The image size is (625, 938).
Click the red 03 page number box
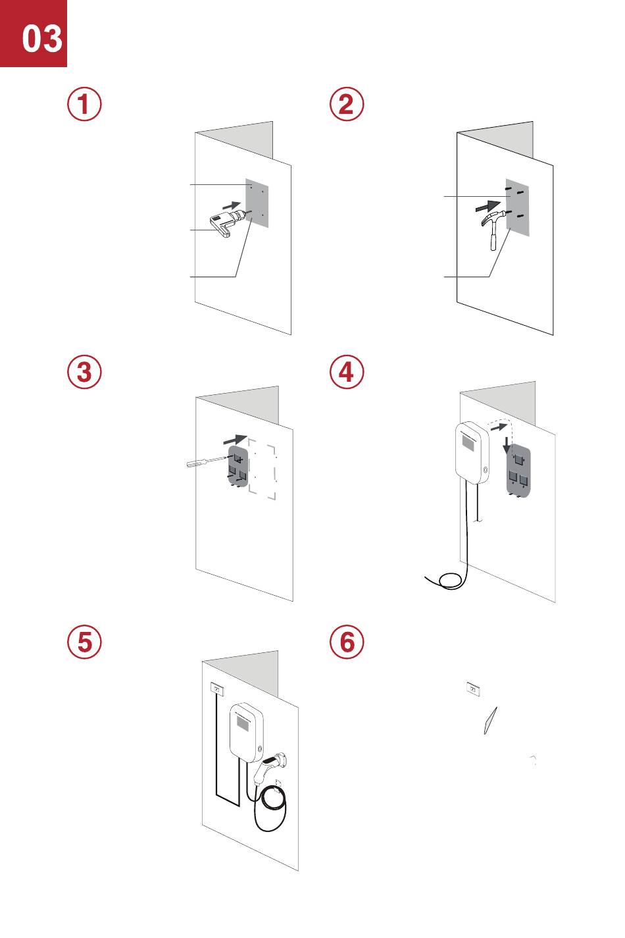[x=34, y=34]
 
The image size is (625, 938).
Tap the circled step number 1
[x=85, y=105]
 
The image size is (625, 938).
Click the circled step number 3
[x=85, y=373]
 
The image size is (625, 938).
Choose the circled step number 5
[x=85, y=642]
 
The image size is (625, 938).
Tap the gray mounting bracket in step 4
[x=518, y=473]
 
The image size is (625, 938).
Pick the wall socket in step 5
[x=216, y=689]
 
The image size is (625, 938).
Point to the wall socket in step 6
[x=472, y=689]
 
